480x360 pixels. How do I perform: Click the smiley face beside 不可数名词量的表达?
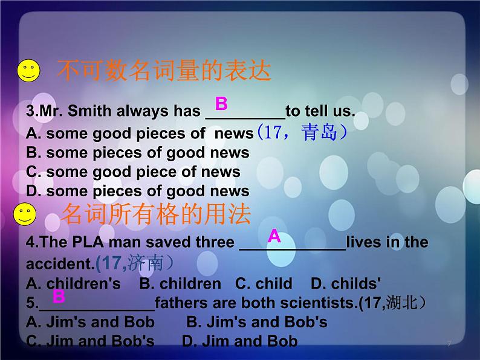(28, 71)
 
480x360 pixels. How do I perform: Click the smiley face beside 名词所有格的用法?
(24, 214)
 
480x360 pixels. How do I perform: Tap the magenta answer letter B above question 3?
(221, 103)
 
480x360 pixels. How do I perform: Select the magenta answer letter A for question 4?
(274, 236)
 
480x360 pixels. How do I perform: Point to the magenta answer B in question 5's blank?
(59, 296)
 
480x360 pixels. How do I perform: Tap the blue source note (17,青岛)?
(301, 132)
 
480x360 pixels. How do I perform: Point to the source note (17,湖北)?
(396, 303)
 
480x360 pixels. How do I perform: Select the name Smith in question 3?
(89, 112)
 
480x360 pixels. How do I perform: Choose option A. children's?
(73, 283)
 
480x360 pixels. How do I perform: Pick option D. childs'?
(345, 283)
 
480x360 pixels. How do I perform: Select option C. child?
(264, 283)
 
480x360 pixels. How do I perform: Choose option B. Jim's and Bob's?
(256, 322)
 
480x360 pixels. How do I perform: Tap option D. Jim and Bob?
(240, 341)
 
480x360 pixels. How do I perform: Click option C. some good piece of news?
(133, 172)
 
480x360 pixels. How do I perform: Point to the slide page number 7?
(449, 344)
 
